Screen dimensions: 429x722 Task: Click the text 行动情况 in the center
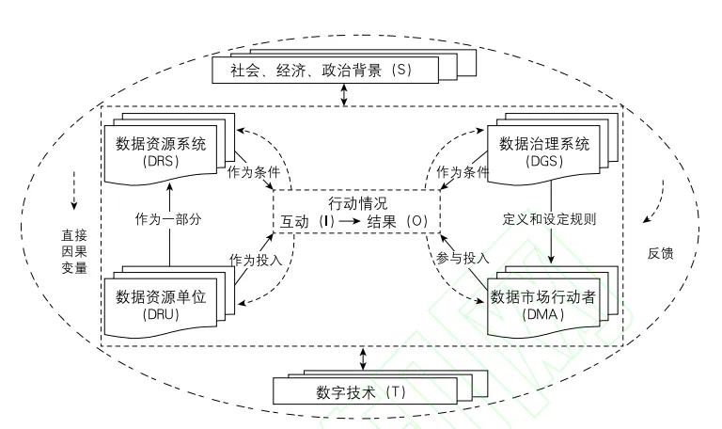357,202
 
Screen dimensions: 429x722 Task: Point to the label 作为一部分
170,219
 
